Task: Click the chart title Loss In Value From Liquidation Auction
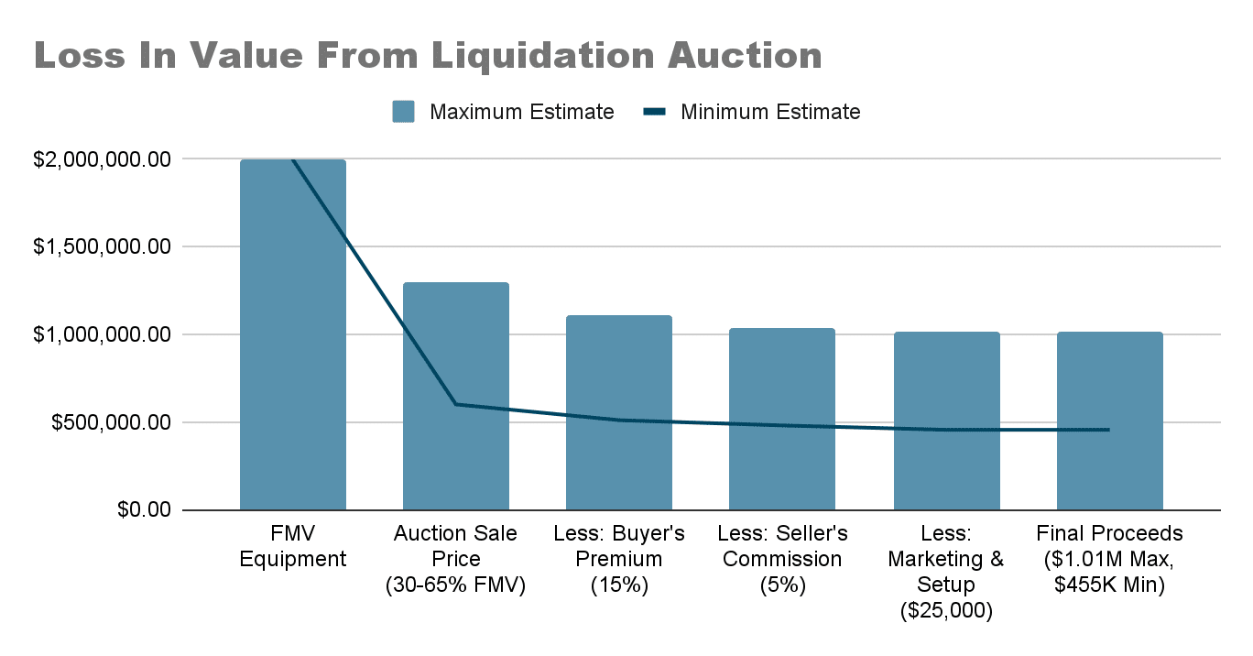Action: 428,56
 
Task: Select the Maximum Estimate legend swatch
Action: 403,113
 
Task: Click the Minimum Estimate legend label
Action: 770,113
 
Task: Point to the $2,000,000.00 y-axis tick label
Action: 102,159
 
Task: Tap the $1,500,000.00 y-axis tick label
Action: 102,247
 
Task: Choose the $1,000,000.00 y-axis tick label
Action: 102,335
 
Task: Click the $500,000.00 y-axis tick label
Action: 110,423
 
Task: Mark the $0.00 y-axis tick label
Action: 144,510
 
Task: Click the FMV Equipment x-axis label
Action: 293,546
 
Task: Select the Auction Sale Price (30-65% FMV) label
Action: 456,559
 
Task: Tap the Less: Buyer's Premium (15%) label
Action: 619,559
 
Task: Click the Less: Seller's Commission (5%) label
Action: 782,559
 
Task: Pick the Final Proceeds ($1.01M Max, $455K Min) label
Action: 1109,559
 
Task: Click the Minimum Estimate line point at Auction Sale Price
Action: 456,404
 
